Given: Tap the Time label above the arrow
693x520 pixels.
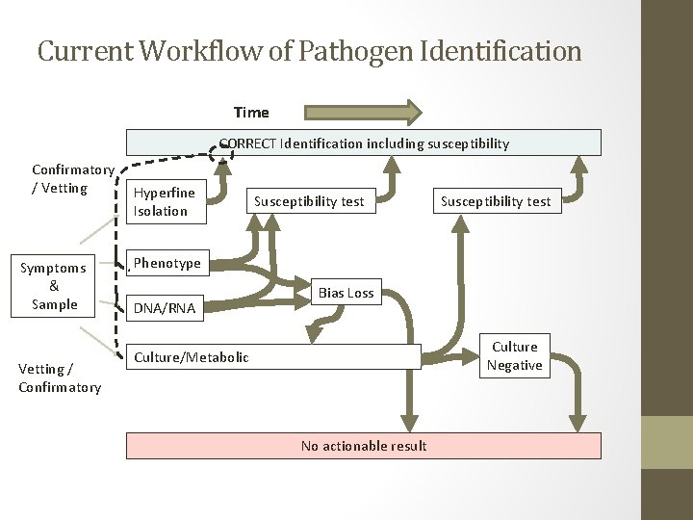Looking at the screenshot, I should tap(251, 113).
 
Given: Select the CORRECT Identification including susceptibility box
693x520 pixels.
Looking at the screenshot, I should tap(364, 143).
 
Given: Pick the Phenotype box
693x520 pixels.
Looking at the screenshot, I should tap(167, 263).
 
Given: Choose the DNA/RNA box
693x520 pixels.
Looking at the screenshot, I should tap(165, 308).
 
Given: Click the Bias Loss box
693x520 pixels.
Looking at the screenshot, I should tap(346, 293).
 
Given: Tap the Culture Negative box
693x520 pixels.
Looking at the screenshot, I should tap(515, 355).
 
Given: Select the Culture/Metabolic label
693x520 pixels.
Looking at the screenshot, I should tap(192, 357).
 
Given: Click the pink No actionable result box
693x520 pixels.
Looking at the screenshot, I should tap(364, 446).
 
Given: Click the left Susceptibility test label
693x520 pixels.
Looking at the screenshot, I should tap(309, 201).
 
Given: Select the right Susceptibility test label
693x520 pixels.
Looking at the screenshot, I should tap(496, 201).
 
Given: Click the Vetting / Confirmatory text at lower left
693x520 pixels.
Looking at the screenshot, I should tap(60, 378).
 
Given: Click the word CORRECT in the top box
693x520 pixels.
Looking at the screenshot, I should tap(247, 143).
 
